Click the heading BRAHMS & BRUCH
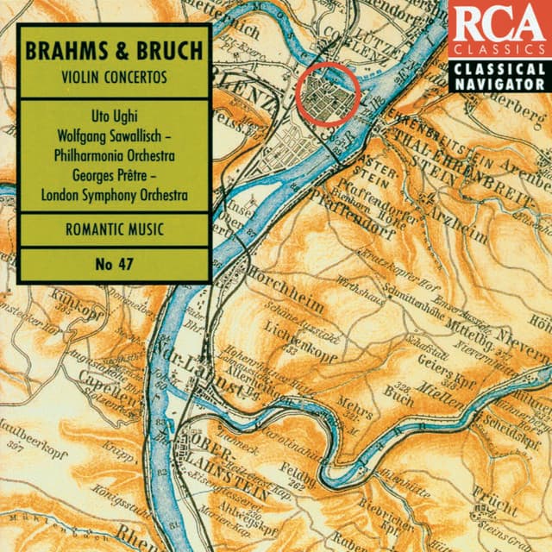point(113,48)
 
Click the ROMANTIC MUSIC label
point(113,230)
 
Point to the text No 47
point(113,263)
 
